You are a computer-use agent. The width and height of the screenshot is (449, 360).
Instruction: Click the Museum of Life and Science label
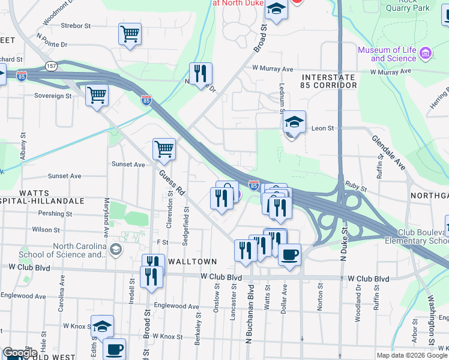(x=387, y=54)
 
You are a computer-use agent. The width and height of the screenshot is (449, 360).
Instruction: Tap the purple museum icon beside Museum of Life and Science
(x=426, y=54)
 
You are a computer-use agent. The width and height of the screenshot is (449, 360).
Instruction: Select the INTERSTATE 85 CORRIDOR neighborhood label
(x=329, y=82)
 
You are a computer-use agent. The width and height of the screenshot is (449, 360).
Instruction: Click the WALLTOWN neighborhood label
(x=191, y=262)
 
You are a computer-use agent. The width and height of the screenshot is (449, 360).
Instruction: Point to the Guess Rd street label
(x=172, y=182)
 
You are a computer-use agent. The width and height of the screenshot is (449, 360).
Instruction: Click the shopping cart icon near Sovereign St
(x=97, y=95)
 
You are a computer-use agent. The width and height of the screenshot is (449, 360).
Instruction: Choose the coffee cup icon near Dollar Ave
(x=290, y=254)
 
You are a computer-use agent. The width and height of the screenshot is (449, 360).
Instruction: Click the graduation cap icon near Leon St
(x=295, y=122)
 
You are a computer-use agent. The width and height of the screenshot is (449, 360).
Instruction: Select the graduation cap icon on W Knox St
(x=103, y=326)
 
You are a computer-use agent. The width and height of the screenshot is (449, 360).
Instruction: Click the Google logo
(x=20, y=353)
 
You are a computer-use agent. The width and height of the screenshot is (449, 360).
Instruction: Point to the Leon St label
(x=322, y=128)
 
